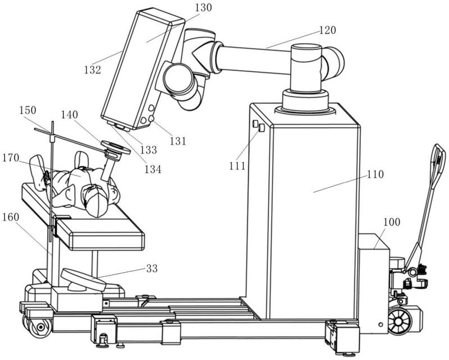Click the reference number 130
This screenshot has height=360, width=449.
click(x=203, y=8)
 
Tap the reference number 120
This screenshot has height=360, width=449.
click(x=327, y=30)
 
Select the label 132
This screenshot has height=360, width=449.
click(x=93, y=70)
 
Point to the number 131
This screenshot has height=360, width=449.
click(x=178, y=141)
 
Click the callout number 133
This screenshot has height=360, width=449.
click(x=149, y=150)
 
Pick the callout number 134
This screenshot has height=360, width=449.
click(x=153, y=169)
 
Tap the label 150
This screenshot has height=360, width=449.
click(x=28, y=110)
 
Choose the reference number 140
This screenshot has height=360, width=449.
click(x=69, y=115)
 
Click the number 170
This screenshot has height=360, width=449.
click(x=11, y=158)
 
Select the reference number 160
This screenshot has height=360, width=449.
click(x=11, y=217)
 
